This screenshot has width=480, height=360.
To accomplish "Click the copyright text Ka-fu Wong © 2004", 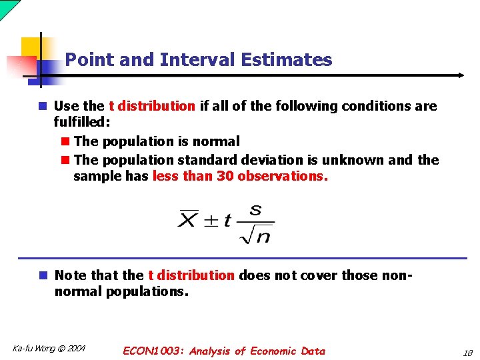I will coord(49,348).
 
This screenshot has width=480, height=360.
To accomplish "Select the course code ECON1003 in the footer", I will coord(153,351).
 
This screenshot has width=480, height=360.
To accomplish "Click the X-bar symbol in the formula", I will coord(187,219).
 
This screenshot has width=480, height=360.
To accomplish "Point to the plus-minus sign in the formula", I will coord(210,221).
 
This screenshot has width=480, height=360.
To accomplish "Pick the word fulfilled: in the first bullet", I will coord(81,123).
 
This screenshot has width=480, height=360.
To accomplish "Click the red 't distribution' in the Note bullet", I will coord(191,275).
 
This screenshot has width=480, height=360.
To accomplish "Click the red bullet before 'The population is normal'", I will coord(65,141).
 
